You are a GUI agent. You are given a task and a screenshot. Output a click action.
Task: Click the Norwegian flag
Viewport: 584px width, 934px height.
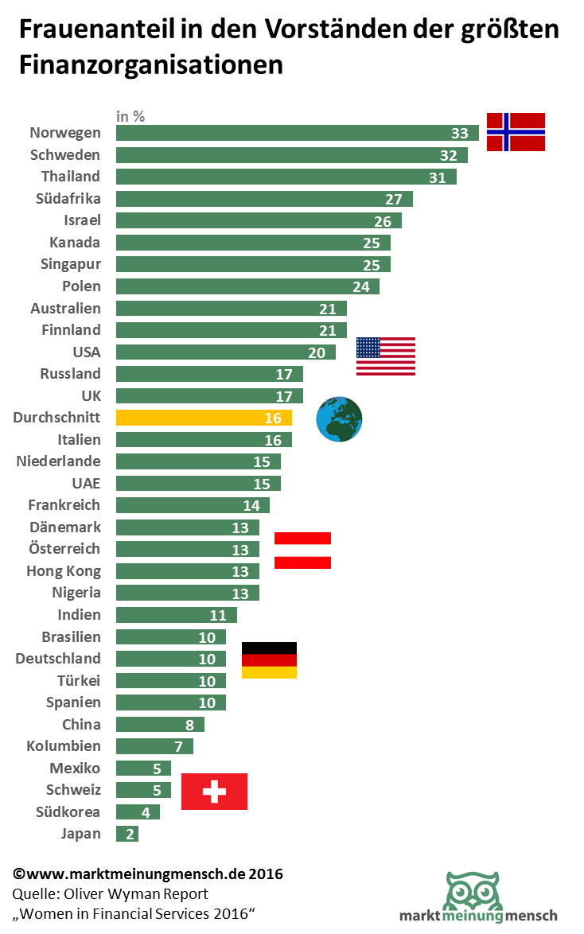(516, 132)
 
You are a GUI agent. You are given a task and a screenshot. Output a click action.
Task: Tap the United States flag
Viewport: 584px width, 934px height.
(385, 356)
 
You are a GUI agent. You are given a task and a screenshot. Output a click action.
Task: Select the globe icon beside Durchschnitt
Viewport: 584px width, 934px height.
(339, 419)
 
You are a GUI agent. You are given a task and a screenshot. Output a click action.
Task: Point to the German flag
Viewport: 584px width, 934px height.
(269, 660)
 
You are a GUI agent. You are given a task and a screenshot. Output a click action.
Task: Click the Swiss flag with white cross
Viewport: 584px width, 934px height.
(214, 791)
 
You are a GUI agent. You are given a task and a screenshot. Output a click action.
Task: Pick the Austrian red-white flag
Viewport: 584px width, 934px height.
(302, 550)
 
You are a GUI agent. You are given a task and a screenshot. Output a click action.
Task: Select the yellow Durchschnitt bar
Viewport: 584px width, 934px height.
(204, 418)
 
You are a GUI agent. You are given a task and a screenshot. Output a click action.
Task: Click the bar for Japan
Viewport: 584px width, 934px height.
(127, 834)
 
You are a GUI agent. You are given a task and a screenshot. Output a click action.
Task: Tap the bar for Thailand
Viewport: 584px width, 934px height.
(286, 177)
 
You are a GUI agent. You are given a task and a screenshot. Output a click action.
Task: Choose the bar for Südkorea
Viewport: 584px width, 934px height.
(138, 811)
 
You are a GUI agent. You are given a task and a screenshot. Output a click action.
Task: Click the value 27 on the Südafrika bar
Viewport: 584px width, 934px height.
(394, 199)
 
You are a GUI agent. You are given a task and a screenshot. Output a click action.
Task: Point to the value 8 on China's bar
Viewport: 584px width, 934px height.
(189, 724)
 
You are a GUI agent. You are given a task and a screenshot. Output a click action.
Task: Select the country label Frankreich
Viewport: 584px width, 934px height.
(64, 505)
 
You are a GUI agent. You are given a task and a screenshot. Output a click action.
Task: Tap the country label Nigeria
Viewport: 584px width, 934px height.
(76, 593)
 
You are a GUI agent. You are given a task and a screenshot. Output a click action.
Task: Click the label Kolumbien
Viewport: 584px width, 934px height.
(64, 746)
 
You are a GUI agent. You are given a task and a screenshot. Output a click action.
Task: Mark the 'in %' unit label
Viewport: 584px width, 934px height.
(130, 116)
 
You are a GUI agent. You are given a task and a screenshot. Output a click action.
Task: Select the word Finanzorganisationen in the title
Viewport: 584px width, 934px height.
(151, 65)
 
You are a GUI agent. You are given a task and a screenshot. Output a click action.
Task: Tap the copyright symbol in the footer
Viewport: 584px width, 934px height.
(19, 874)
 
